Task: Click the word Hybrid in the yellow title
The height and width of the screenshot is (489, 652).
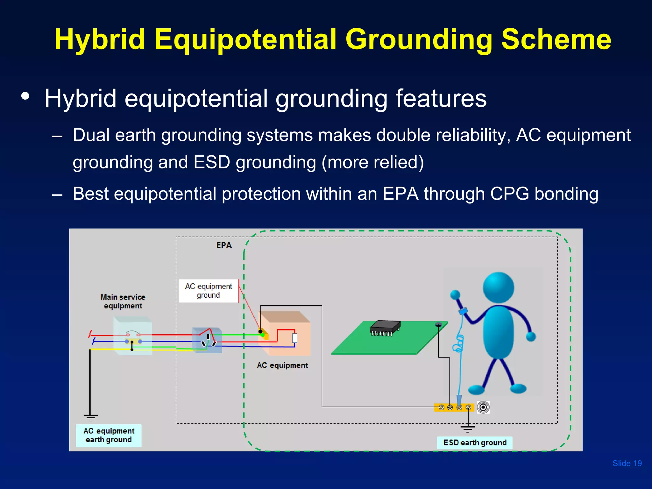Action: click(100, 39)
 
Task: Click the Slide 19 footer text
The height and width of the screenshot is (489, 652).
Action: click(627, 463)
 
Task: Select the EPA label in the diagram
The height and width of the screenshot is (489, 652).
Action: click(224, 245)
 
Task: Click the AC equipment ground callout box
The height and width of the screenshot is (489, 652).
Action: click(209, 291)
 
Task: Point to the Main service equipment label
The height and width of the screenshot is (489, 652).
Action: click(123, 301)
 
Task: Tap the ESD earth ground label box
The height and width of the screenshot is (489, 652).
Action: click(474, 443)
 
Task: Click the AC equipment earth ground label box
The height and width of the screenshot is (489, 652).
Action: click(109, 435)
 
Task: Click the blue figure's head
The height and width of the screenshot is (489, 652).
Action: click(498, 287)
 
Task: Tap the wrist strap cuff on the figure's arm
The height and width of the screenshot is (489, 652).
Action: click(463, 310)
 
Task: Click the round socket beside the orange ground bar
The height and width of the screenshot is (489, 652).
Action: click(483, 407)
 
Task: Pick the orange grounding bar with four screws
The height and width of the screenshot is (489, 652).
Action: click(454, 407)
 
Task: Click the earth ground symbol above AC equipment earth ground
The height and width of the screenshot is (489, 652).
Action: click(91, 417)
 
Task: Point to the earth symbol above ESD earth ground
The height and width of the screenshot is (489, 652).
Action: click(468, 428)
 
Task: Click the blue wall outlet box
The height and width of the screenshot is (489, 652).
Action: click(207, 340)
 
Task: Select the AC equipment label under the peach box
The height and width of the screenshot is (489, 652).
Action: click(282, 365)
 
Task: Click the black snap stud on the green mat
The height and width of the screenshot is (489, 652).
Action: click(438, 324)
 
